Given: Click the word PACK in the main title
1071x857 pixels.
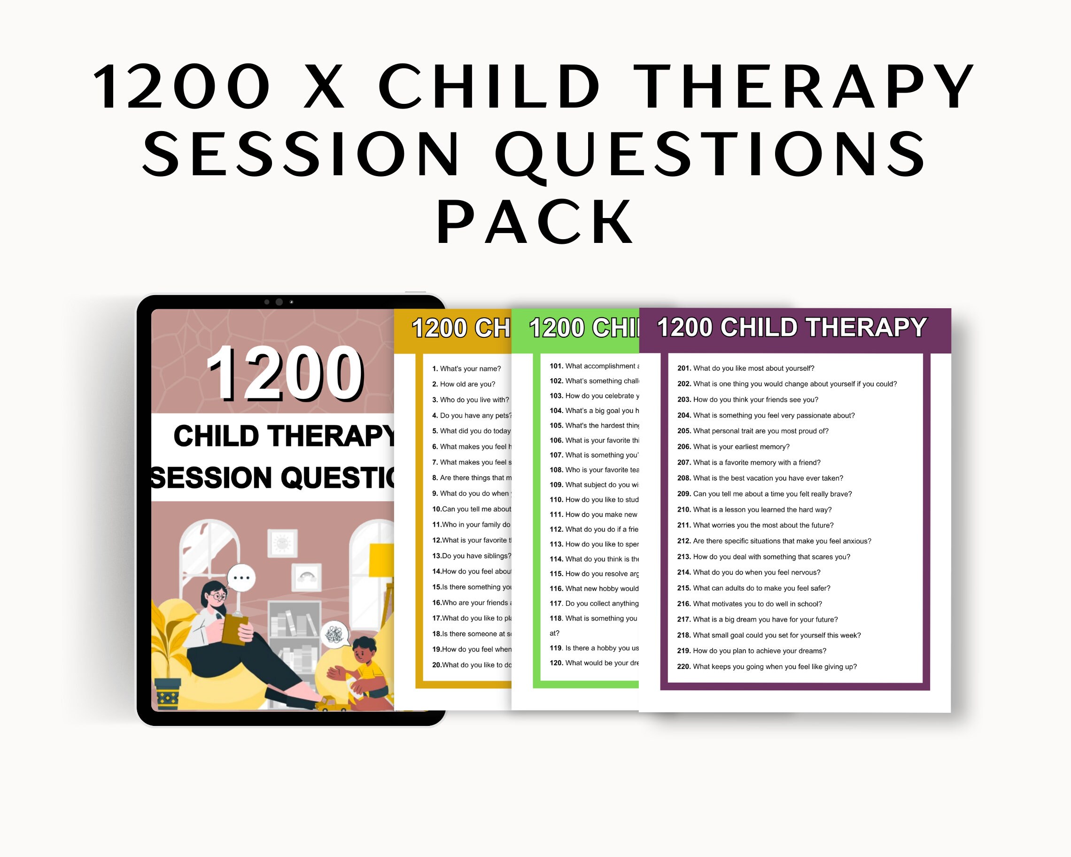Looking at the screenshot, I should pos(535,222).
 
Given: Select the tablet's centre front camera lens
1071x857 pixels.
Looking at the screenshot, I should pos(279,302).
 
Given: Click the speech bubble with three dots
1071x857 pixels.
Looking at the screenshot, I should pos(241,578).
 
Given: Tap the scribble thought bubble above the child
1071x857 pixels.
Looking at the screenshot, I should pos(334,634).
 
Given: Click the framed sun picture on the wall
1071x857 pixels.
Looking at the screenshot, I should pos(282,543).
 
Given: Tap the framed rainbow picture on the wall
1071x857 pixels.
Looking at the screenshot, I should pos(306,577).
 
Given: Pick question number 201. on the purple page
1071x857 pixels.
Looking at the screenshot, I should pos(684,368).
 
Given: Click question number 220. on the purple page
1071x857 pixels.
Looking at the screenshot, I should pos(683,667).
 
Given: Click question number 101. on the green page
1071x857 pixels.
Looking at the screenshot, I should pos(556,366).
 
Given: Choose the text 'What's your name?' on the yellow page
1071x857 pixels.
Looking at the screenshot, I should pos(470,369).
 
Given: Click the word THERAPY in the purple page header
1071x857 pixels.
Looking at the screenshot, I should pos(866,328).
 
